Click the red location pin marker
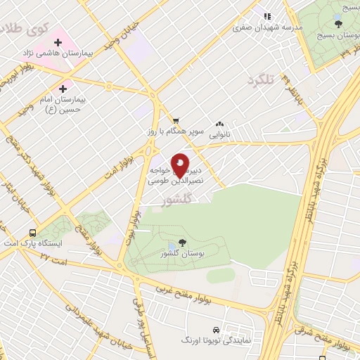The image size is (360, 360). click(x=180, y=167)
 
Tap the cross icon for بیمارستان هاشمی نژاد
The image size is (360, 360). click(x=58, y=44)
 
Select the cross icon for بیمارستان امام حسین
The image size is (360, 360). click(x=64, y=89)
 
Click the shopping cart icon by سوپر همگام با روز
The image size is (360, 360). click(x=176, y=121)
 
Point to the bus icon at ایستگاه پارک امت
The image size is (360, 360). click(x=32, y=233)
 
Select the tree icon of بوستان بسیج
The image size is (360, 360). click(x=339, y=25)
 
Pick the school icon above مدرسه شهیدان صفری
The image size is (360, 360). click(x=266, y=16)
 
